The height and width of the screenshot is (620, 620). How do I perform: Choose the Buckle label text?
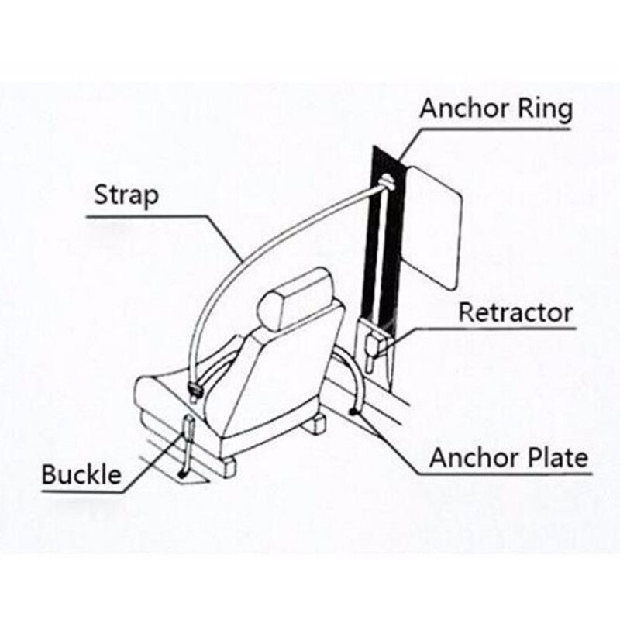point(81,474)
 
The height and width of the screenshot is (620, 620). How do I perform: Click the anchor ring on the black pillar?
point(387,183)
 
